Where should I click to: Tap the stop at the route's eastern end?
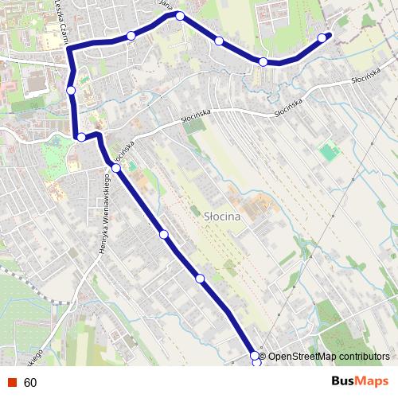[x=322, y=37]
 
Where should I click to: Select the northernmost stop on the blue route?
[x=180, y=16]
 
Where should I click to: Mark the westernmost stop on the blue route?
[x=71, y=91]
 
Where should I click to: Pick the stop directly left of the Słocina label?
[x=163, y=234]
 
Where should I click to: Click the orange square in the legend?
[x=11, y=383]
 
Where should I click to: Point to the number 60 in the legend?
[x=30, y=383]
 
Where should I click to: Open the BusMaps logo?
[x=360, y=381]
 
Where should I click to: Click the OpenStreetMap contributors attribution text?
[x=329, y=356]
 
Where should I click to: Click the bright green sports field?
[x=329, y=151]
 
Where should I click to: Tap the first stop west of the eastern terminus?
[x=263, y=61]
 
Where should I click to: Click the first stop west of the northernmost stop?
[x=131, y=35]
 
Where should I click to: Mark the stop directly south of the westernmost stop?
[x=81, y=138]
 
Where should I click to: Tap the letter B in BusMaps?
[x=336, y=381]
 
